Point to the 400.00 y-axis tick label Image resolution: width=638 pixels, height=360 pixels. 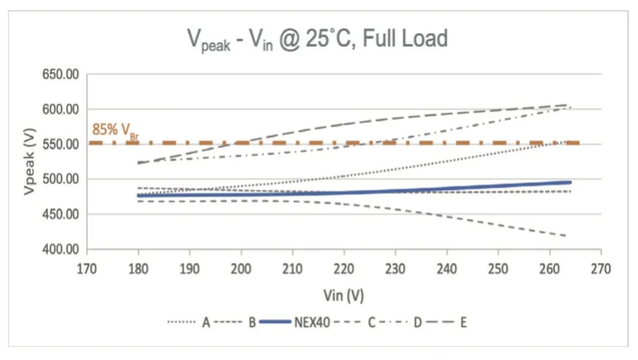pos(62,249)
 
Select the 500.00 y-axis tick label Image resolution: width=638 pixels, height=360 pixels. pos(62,179)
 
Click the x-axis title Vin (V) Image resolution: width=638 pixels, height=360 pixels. pos(344,295)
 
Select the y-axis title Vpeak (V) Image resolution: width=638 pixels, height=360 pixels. pos(30,162)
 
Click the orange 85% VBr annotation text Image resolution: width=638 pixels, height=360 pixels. pos(115,130)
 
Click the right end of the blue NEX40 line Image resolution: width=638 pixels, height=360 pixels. pos(570,182)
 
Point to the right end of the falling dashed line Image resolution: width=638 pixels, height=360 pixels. pos(565,236)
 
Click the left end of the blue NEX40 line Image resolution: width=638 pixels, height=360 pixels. pos(138,195)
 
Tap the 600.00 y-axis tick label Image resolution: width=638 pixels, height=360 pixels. pos(62,109)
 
